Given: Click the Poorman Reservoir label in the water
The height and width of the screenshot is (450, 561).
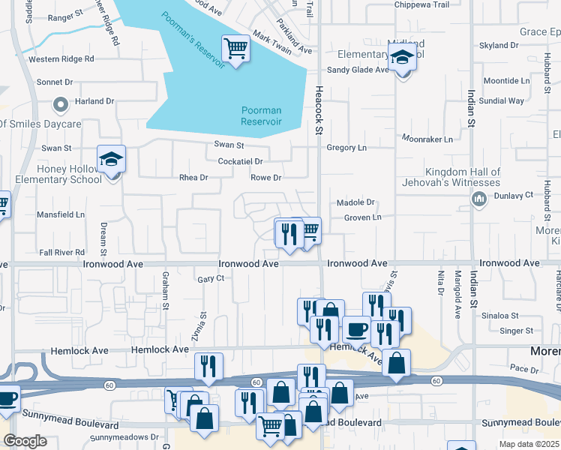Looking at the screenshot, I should pos(261,115).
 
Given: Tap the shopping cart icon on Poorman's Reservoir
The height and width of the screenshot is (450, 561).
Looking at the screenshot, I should pos(236,49).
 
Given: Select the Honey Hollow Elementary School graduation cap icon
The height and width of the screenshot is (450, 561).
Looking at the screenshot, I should pos(112,160).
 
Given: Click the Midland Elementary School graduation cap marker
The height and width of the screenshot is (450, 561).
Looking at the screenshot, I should pos(402,57).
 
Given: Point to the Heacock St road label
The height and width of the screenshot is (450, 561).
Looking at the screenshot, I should pos(318,109).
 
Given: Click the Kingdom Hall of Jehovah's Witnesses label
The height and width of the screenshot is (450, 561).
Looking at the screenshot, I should pos(462,177).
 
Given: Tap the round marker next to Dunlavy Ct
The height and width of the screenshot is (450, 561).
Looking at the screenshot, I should pos(478,198).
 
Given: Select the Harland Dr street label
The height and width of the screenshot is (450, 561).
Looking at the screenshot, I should pos(94,101).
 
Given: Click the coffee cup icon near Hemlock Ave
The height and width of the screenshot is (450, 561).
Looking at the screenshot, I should pos(357,329).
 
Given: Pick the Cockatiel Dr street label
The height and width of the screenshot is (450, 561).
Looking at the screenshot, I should pos(240,161).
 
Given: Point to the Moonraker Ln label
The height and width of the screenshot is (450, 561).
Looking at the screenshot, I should pos(427,139).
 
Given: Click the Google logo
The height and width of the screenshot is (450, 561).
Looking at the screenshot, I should pos(25,441).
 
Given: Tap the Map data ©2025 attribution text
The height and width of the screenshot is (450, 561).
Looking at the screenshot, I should pos(529,444).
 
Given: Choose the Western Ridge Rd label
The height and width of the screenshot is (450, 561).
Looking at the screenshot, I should pos(61,58).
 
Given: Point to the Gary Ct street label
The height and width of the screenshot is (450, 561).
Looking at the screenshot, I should pos(211,279).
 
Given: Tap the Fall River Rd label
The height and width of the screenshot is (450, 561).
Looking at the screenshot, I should pos(62,253).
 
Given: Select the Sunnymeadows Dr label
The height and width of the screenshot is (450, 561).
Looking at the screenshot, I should pos(124,437).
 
